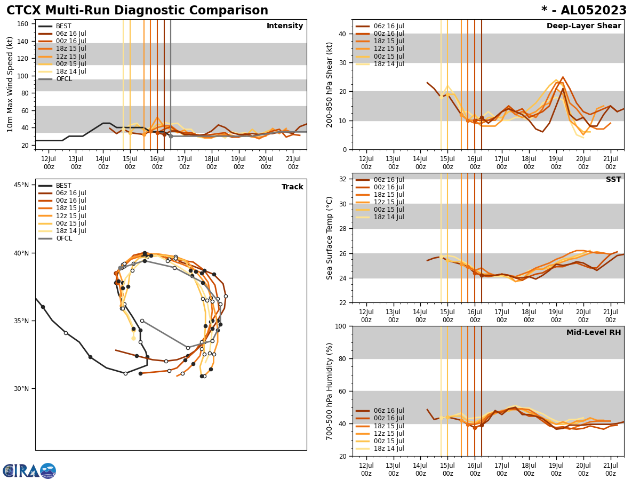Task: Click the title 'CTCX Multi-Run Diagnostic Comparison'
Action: pos(137,11)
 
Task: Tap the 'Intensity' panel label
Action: pos(285,26)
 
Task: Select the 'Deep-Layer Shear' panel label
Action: pos(583,26)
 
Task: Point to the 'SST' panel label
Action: pos(613,180)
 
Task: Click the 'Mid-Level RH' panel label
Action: pos(594,333)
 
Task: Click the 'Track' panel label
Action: pos(292,187)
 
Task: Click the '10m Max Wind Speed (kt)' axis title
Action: pos(10,84)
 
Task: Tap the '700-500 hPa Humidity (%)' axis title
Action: pos(330,391)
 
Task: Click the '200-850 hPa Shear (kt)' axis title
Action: pos(330,84)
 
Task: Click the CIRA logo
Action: pos(29,471)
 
